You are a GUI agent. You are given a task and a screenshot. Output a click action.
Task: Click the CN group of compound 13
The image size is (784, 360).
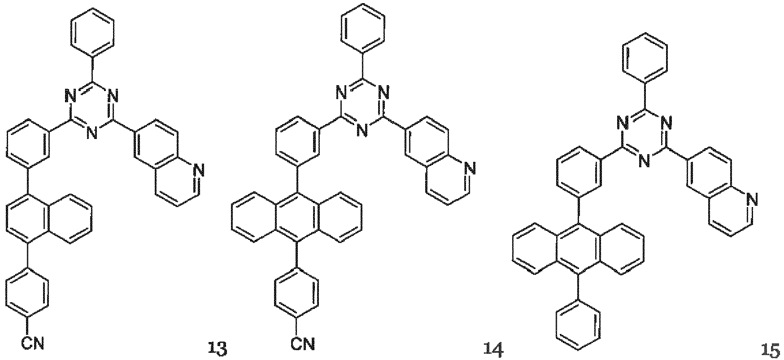point(33,344)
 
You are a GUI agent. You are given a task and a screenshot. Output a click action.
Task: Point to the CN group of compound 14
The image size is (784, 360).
point(302,344)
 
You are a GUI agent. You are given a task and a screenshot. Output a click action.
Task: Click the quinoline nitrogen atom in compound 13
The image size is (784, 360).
point(199,169)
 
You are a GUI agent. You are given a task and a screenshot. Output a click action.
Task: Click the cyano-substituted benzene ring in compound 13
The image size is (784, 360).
point(28,292)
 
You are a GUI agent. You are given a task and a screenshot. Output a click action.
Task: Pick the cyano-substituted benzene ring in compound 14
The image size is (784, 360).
point(297,292)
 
